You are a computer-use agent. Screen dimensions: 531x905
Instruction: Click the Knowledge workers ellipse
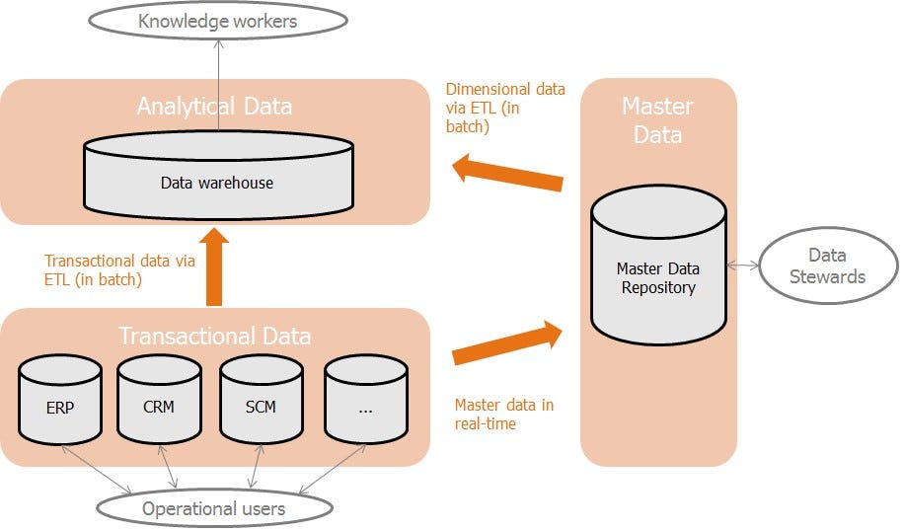click(217, 21)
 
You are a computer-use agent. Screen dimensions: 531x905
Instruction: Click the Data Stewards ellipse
click(828, 266)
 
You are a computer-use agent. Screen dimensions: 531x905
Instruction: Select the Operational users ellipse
click(213, 508)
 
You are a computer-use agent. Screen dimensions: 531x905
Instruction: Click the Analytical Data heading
click(214, 107)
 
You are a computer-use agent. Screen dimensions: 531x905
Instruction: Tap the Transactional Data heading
click(214, 336)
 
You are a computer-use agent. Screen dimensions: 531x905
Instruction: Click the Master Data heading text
click(657, 119)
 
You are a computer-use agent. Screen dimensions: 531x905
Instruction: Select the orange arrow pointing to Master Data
click(506, 342)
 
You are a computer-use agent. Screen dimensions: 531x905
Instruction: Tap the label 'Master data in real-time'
click(503, 414)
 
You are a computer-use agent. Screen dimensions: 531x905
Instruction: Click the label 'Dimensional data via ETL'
click(505, 108)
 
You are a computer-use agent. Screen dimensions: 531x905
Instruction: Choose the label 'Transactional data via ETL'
click(119, 269)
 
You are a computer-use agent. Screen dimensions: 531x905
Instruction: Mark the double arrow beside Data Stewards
click(742, 265)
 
